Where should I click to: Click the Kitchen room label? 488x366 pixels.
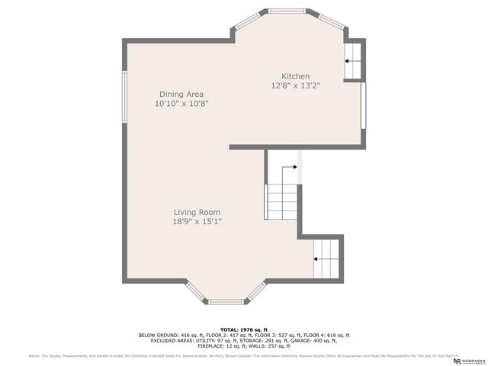295,76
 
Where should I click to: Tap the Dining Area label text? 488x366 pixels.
181,93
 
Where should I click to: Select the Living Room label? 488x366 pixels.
197,212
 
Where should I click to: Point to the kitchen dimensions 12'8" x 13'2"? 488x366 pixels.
295,86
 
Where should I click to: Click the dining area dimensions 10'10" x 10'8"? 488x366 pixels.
181,103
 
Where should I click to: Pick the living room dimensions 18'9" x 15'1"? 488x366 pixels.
197,222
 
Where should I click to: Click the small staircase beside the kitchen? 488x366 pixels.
353,62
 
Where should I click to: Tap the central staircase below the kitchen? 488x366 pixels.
281,194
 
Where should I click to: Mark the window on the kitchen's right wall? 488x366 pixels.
364,105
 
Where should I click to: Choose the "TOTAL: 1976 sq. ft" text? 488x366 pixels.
243,329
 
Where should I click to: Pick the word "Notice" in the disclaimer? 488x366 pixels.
34,356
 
